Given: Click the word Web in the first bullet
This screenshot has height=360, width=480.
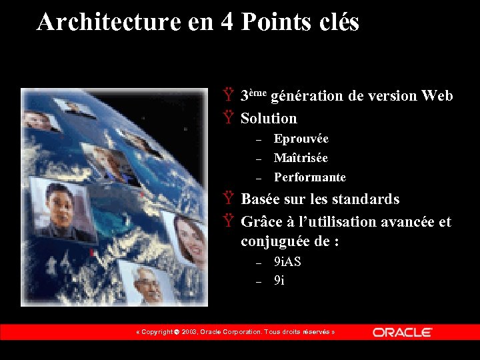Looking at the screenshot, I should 437,96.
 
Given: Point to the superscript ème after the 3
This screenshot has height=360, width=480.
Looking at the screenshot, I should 259,93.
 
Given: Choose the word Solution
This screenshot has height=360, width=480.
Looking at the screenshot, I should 269,119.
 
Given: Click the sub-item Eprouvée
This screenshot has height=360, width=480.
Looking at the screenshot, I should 301,139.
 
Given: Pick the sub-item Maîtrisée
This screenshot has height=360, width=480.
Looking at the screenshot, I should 301,158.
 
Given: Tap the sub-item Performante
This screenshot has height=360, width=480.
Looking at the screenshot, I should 309,177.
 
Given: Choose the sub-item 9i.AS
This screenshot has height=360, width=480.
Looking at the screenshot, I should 287,261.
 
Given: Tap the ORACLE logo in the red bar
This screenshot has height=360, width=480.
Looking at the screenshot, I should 402,332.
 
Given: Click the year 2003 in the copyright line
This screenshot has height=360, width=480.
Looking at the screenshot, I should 189,332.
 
